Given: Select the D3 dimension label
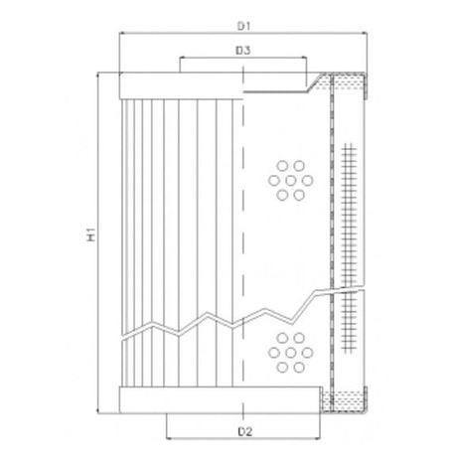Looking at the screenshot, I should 241,49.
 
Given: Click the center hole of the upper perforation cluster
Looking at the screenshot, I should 289,180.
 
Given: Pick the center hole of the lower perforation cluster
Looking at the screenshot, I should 289,353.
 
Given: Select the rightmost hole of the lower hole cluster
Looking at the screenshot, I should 305,353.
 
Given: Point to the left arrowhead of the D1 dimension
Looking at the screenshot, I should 121,33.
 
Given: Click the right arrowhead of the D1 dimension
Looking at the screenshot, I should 366,33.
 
